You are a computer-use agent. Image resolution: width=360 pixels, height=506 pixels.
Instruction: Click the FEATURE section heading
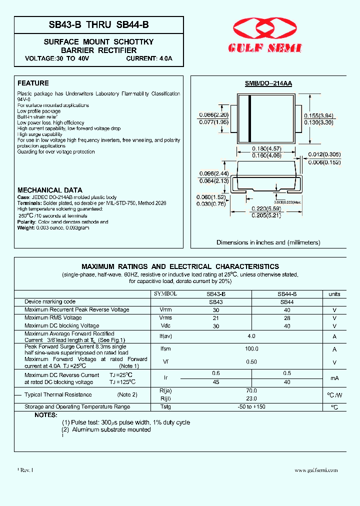point(33,83)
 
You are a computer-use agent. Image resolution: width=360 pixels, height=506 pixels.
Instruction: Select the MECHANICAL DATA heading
point(50,190)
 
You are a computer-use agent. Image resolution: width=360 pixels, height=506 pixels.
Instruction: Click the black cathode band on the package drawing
point(249,118)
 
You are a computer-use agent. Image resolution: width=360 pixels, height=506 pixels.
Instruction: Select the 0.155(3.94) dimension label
point(319,115)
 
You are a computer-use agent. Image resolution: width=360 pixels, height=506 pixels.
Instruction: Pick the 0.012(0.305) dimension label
point(324,154)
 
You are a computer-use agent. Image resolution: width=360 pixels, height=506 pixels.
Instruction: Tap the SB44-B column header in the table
point(287,294)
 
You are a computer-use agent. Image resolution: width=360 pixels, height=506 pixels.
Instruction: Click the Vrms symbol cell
point(165,318)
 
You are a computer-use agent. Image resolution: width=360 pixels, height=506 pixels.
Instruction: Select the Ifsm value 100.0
point(251,349)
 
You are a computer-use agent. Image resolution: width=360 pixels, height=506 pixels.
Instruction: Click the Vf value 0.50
point(251,362)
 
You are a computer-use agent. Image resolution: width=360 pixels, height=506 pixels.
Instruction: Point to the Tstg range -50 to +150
point(251,407)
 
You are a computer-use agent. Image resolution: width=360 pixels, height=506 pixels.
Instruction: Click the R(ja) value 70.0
point(251,390)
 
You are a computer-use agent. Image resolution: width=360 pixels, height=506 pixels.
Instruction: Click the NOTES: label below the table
point(45,415)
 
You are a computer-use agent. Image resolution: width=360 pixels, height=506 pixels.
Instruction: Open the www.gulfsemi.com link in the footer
point(316,470)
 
